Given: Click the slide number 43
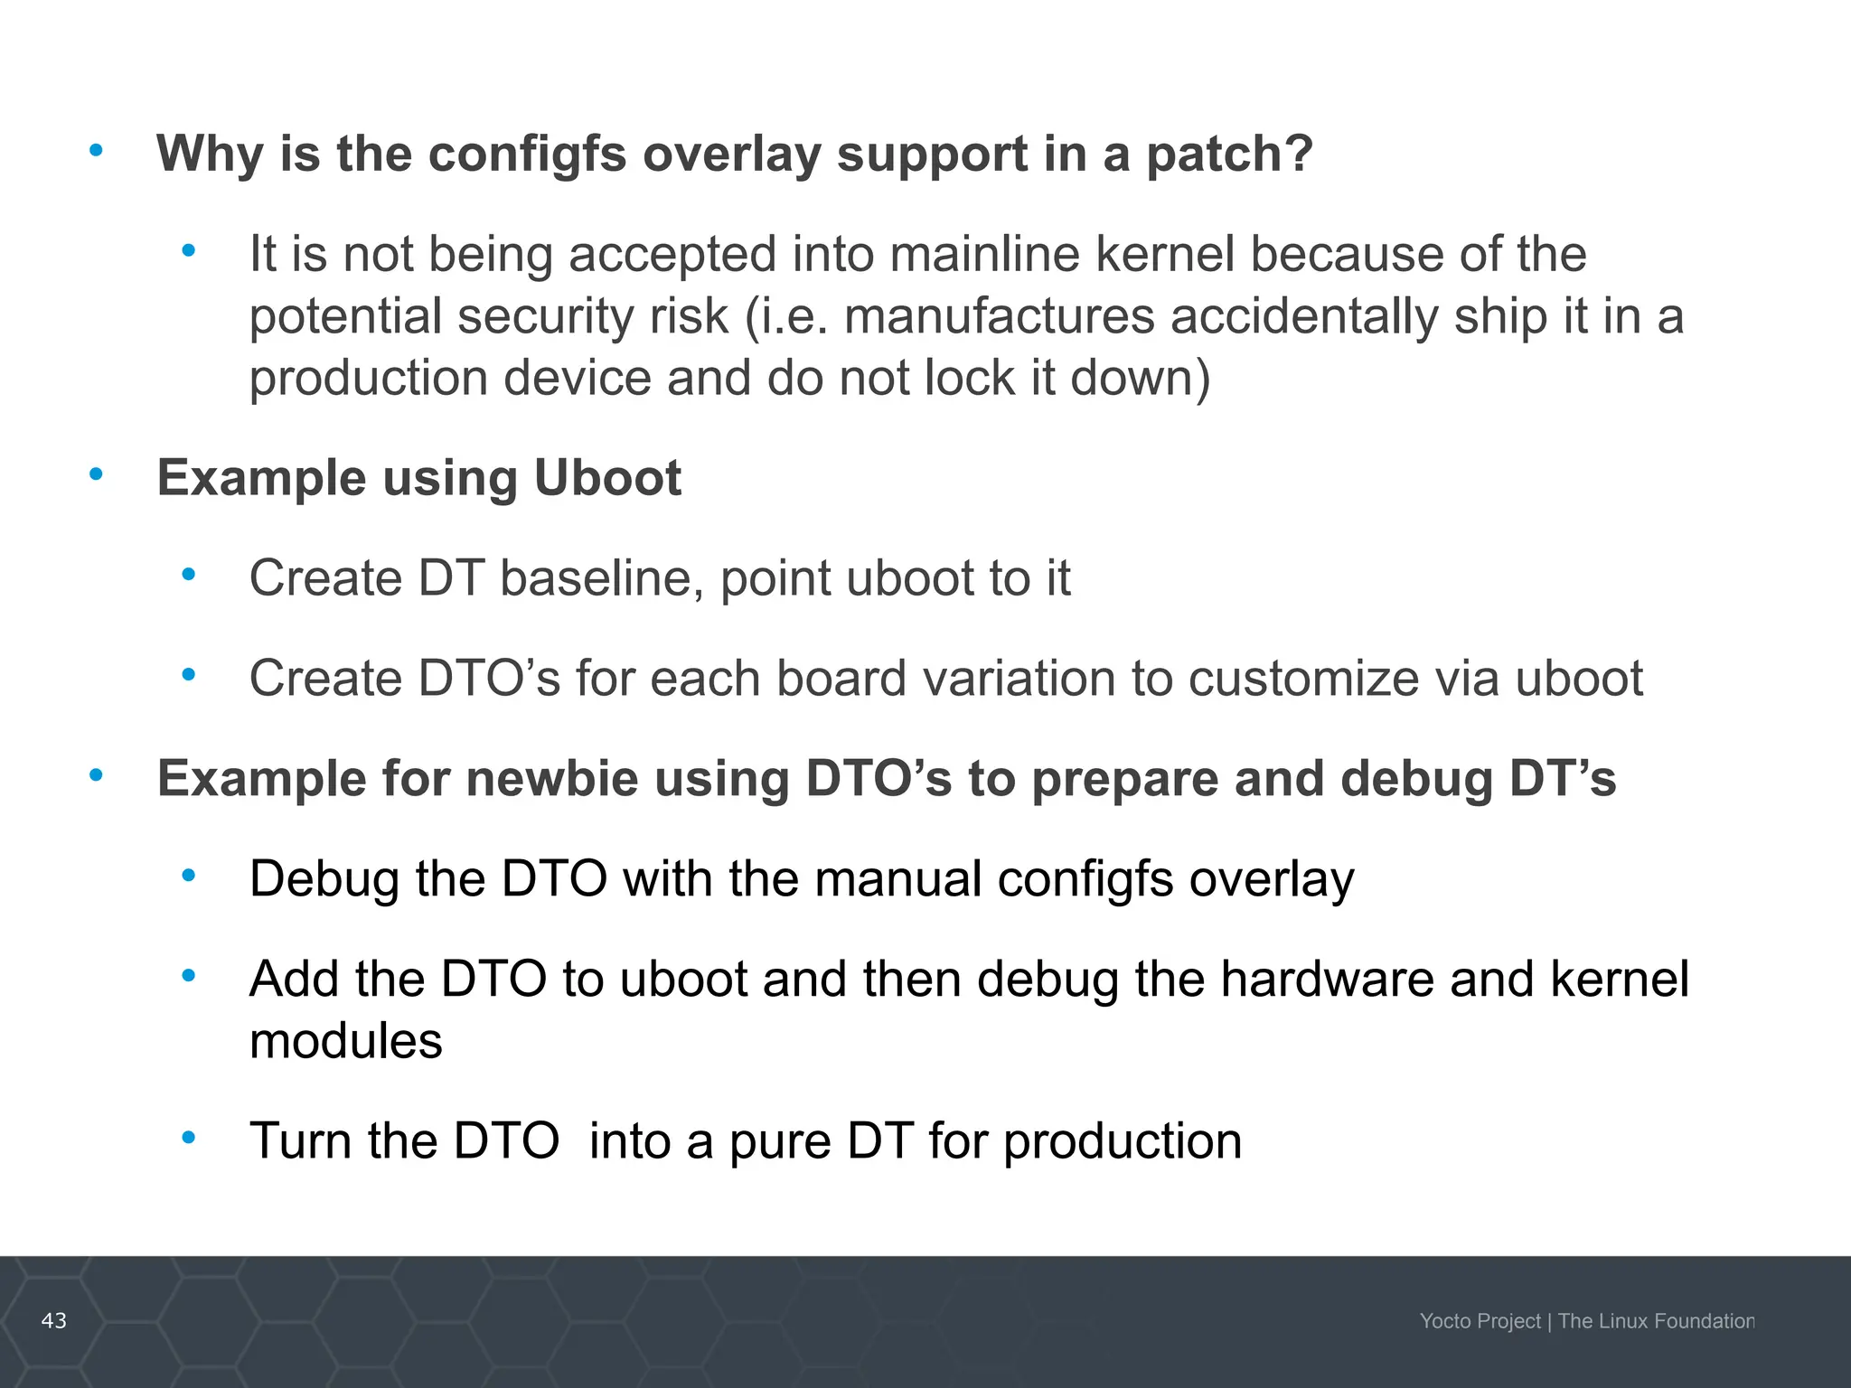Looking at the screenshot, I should [x=54, y=1321].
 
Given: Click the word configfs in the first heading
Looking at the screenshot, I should [x=526, y=154].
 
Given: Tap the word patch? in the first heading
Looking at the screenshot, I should [x=1229, y=154].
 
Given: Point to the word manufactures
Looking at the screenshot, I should [x=999, y=316].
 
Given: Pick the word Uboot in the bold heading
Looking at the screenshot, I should [x=606, y=477].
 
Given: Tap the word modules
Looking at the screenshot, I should [x=345, y=1041].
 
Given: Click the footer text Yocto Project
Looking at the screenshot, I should [x=1480, y=1321].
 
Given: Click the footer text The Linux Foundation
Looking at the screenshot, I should [x=1656, y=1321].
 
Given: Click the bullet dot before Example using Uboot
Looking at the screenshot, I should [x=96, y=473].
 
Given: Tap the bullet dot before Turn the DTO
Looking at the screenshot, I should [x=188, y=1137].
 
